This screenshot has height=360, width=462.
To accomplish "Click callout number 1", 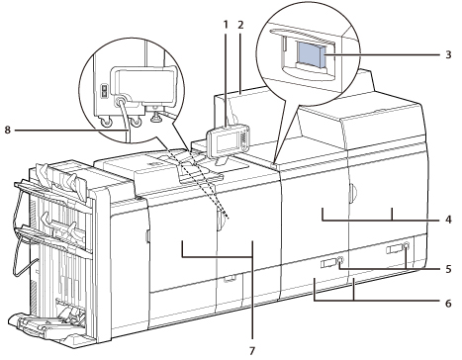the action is click(x=226, y=25).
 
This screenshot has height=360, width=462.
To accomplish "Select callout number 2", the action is click(x=240, y=25).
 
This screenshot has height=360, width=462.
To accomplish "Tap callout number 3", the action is click(x=448, y=54).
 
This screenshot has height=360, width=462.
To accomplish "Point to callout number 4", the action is click(x=448, y=220).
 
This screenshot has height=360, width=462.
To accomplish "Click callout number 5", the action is click(x=448, y=269).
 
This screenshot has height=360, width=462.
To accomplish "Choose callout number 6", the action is click(x=448, y=303).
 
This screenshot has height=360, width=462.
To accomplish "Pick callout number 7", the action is click(x=252, y=351).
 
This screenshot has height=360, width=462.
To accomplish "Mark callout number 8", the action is click(x=8, y=131).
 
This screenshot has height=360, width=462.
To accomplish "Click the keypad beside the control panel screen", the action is click(x=243, y=138).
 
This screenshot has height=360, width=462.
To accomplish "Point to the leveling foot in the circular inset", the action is click(x=155, y=115).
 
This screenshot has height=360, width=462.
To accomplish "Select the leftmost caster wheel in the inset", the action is click(x=107, y=122).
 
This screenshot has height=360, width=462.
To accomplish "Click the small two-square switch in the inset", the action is click(x=104, y=91).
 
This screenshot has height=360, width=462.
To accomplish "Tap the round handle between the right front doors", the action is click(x=352, y=195).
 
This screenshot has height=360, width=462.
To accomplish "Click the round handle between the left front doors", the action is click(x=221, y=221).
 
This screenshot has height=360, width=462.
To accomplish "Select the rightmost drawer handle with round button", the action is click(x=398, y=248).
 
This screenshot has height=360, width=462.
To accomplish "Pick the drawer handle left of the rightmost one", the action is click(x=331, y=262).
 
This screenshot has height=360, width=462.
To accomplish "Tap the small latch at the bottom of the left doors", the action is click(x=228, y=279).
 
